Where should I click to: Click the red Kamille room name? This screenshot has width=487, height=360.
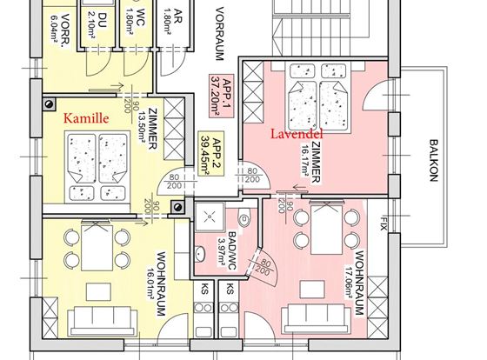point(86,118)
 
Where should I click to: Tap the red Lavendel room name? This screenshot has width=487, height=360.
point(297,134)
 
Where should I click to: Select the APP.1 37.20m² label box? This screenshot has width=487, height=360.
point(222,96)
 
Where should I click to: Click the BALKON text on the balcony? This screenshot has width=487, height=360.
point(434,160)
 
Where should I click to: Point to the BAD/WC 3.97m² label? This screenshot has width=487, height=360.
point(227,251)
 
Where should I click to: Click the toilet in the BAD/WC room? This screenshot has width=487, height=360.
point(244,217)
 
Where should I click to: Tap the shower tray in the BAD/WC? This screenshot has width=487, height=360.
point(210,217)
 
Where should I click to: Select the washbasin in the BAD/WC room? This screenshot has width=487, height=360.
point(200,253)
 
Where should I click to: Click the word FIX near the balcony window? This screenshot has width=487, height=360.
point(384,223)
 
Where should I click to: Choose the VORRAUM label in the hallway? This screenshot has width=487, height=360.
point(219,34)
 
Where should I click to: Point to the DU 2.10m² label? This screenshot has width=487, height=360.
point(97,24)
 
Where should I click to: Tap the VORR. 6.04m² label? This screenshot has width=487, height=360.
point(61,30)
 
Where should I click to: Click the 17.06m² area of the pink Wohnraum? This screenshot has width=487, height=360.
point(349,282)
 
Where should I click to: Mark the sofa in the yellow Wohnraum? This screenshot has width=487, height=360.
point(103,321)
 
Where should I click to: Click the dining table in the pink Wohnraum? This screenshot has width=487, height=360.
point(326,230)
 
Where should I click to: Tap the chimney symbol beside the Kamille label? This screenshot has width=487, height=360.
point(49,104)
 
